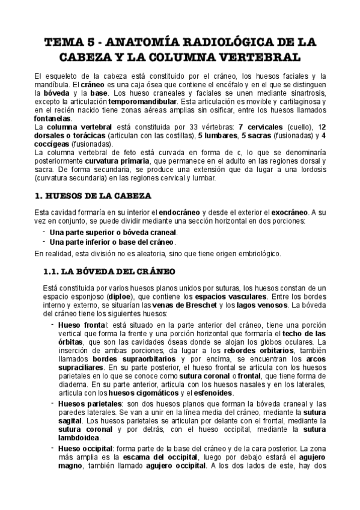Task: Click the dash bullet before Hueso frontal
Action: tap(53, 325)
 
